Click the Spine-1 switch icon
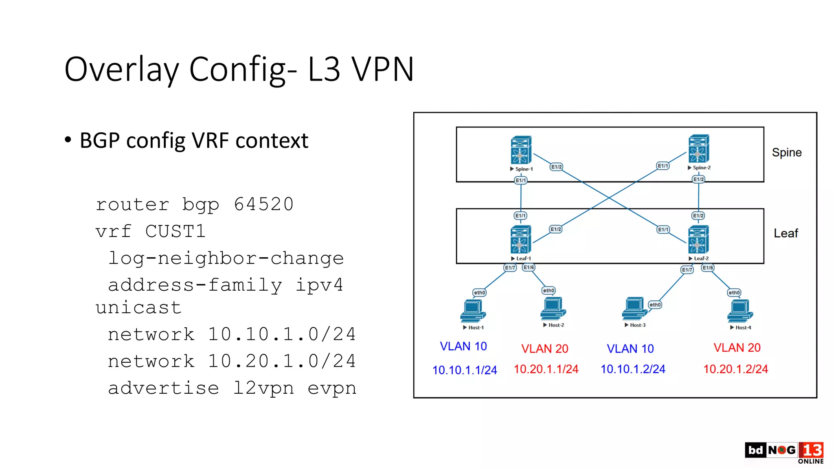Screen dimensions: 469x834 coord(521,150)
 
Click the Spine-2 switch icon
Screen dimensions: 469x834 coord(698,149)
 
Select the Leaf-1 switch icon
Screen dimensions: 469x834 coord(520,240)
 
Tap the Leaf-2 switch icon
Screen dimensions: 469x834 coord(698,240)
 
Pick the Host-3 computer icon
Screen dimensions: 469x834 coord(634,309)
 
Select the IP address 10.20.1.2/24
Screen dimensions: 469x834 coord(735,369)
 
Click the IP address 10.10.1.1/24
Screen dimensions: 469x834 coord(465,370)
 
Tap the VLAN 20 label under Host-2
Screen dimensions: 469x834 coord(545,348)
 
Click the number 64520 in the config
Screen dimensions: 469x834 coord(263,204)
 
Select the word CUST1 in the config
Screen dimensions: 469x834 coord(175,231)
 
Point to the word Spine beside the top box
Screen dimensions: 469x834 coord(786,152)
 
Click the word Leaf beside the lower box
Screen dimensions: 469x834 coord(786,233)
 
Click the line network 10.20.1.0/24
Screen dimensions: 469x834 coord(231,361)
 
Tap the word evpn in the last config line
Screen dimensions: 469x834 coord(332,388)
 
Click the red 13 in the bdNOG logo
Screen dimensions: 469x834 coord(812,450)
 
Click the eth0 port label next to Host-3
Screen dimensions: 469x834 coord(655,305)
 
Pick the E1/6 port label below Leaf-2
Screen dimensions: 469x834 coord(708,267)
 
